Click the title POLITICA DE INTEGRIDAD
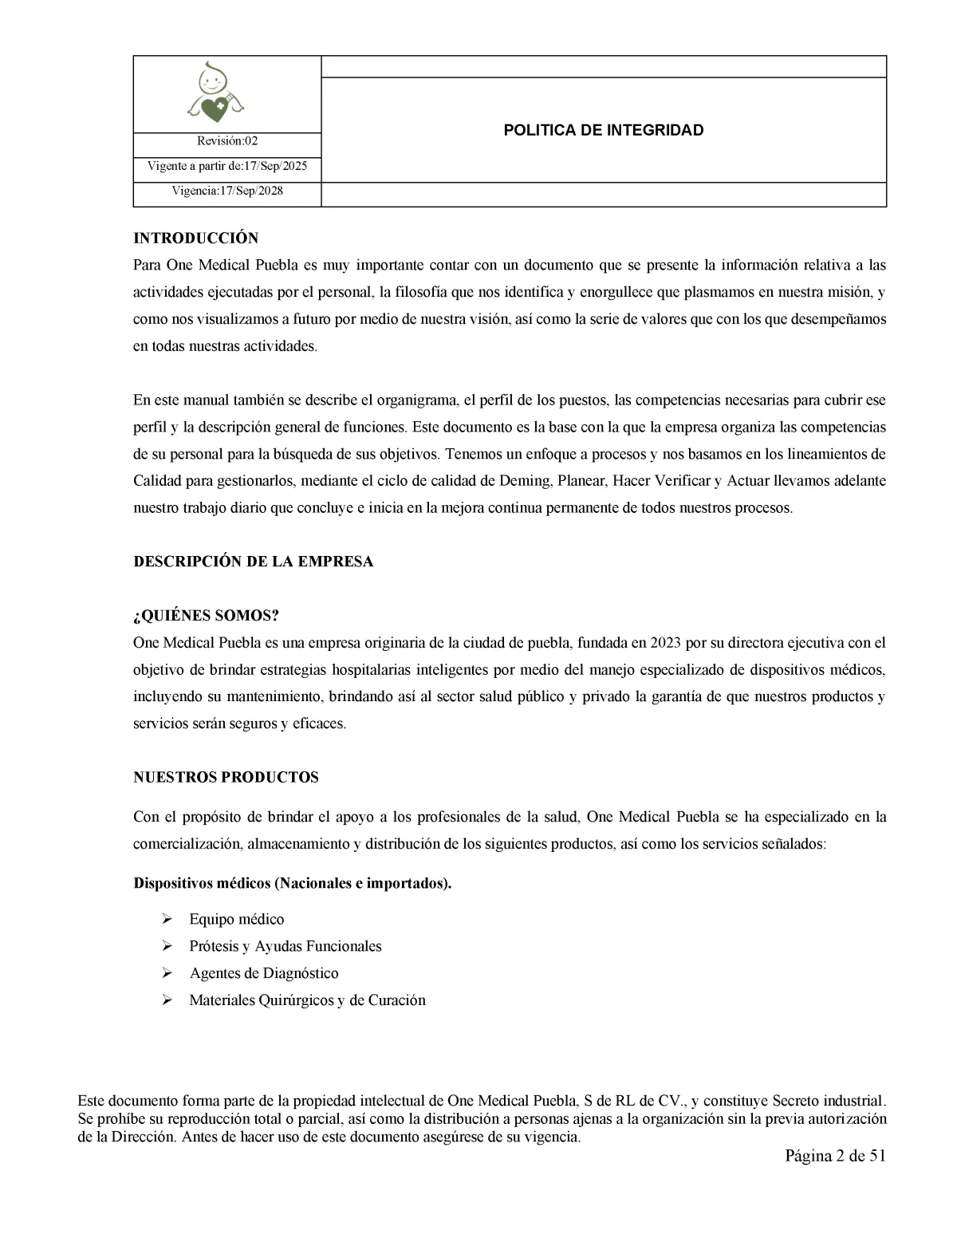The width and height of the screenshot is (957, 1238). click(x=603, y=130)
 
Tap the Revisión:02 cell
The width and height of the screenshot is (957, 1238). click(x=227, y=141)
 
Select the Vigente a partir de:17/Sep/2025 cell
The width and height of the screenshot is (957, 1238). click(x=227, y=167)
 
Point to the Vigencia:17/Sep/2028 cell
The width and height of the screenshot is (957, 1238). click(x=227, y=191)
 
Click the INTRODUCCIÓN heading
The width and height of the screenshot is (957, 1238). click(x=195, y=239)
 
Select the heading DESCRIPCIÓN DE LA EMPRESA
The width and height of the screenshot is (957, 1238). click(x=253, y=562)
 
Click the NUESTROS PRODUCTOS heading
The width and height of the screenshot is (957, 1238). click(x=226, y=778)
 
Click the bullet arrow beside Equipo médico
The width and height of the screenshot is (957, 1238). click(x=167, y=919)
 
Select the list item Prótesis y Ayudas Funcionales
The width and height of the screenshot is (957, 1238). click(x=285, y=946)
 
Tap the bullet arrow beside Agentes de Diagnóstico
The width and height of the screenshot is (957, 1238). click(x=167, y=973)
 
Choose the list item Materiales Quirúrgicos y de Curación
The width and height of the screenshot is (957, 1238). click(x=307, y=1000)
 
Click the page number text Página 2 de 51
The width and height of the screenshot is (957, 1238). click(x=835, y=1157)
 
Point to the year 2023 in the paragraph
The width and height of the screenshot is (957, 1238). click(x=665, y=643)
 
